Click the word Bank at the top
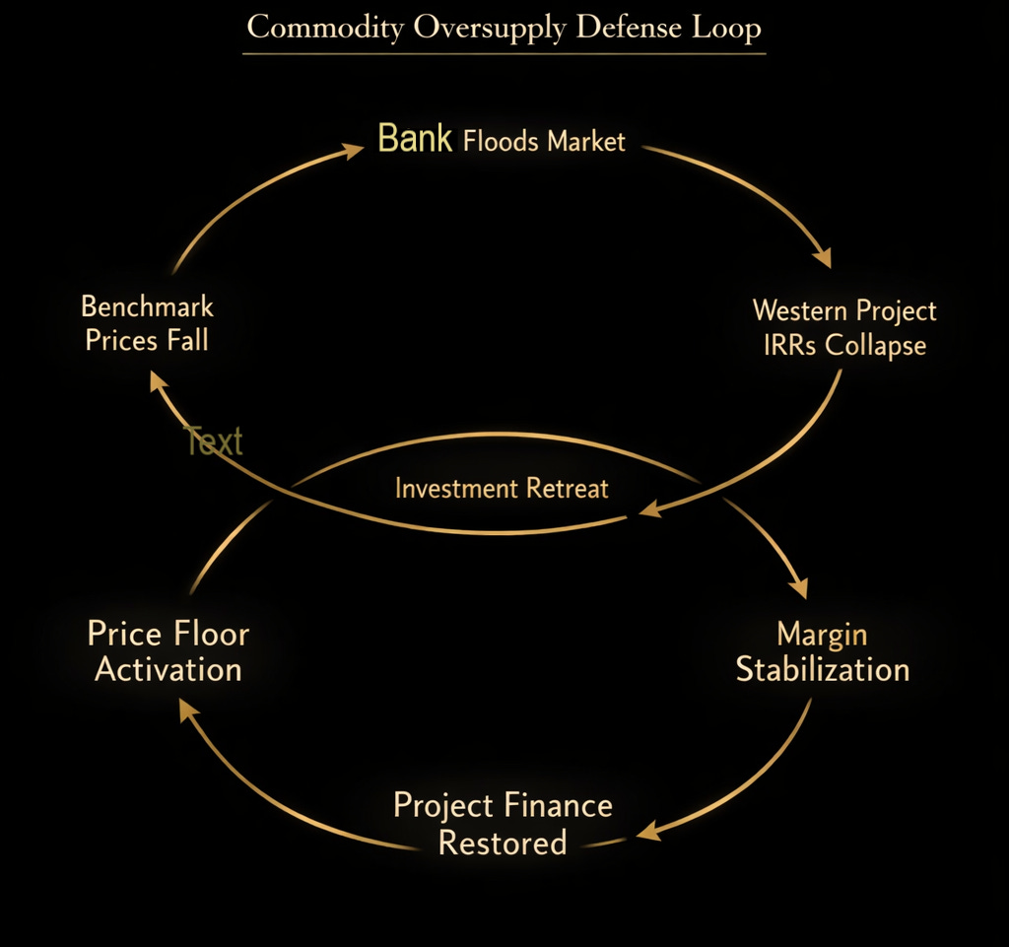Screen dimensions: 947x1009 tap(415, 139)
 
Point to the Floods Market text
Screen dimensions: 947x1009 tap(544, 142)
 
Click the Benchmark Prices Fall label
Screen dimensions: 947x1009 tap(147, 323)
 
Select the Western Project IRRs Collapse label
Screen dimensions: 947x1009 tap(844, 327)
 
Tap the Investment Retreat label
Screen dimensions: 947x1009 tap(502, 488)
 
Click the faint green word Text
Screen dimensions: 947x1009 tap(214, 441)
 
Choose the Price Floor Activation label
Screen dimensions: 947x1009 tap(168, 651)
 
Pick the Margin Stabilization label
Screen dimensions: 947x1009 tap(822, 651)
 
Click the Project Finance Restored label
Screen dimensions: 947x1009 tap(503, 824)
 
